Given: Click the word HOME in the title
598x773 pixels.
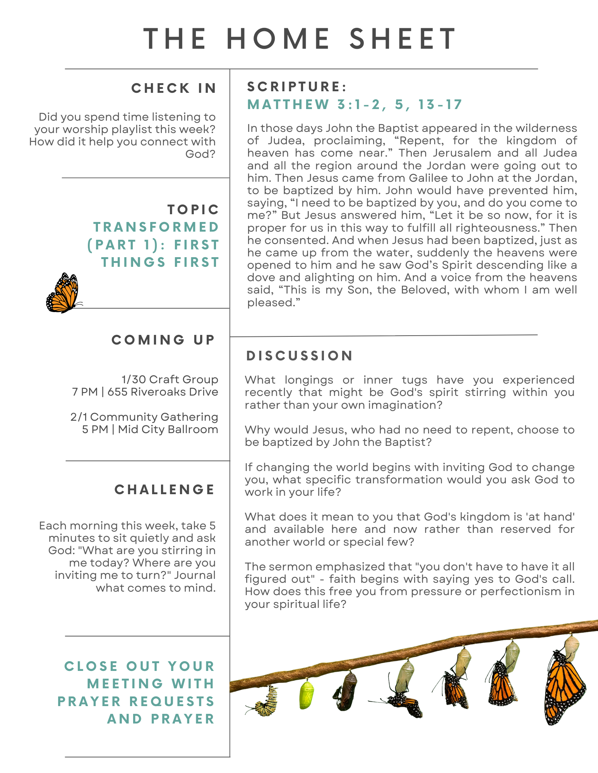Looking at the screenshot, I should [x=278, y=39].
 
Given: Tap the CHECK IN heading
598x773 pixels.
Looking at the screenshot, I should [x=173, y=89].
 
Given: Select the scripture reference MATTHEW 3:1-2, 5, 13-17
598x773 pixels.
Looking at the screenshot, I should [x=355, y=105].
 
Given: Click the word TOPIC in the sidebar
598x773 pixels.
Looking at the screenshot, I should [x=193, y=210].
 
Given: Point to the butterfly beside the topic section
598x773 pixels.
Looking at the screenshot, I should [x=63, y=293].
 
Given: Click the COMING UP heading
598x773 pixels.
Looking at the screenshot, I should [x=163, y=340].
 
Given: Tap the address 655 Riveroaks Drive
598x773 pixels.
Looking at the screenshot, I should [x=163, y=392].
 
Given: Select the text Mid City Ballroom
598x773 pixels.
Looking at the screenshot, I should [x=168, y=430].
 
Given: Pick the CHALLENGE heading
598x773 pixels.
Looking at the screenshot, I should [x=164, y=490].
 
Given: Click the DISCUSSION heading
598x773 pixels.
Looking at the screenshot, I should [x=300, y=356].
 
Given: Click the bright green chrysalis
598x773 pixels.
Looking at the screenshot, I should [x=307, y=695].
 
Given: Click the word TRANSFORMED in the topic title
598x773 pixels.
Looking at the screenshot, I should [x=156, y=227].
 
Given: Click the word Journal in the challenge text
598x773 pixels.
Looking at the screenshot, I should [x=195, y=575].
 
